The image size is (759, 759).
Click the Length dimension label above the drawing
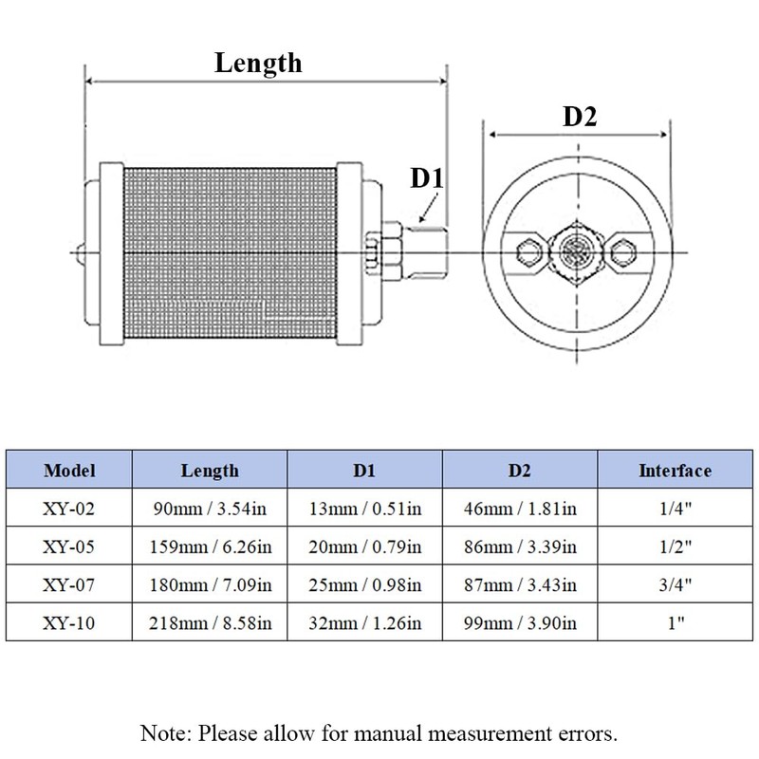click(x=258, y=64)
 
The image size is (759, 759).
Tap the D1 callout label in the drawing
click(x=426, y=177)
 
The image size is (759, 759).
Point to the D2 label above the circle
click(x=580, y=117)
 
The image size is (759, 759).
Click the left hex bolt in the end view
click(x=528, y=252)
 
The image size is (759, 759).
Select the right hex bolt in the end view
click(x=623, y=252)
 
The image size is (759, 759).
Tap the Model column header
click(x=69, y=471)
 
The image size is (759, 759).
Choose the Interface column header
click(x=675, y=471)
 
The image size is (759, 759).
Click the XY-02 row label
click(x=68, y=509)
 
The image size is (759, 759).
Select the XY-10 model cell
click(x=68, y=623)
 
